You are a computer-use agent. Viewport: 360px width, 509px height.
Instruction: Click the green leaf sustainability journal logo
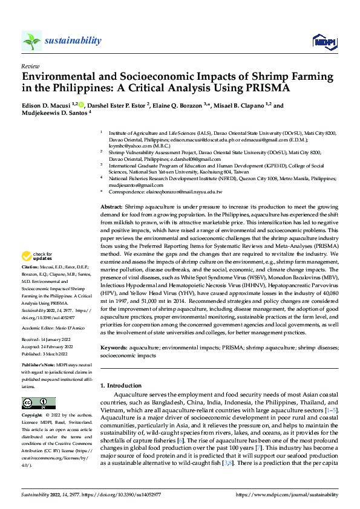coord(31,41)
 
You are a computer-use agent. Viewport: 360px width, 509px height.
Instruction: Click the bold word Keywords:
coord(114,348)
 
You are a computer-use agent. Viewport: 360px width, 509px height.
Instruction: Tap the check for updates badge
coord(37,273)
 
